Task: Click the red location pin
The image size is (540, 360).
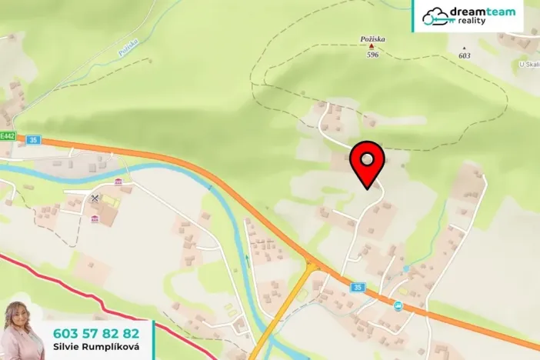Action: (x=368, y=161)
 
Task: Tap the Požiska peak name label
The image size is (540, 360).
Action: (x=373, y=38)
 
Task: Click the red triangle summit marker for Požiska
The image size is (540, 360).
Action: (x=372, y=47)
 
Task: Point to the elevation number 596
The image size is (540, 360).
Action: (x=373, y=55)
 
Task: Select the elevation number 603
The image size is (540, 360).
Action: (x=464, y=55)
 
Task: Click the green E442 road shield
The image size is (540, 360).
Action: (x=8, y=136)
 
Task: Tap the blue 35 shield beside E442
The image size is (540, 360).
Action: (x=32, y=140)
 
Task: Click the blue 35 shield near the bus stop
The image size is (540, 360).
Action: (x=357, y=287)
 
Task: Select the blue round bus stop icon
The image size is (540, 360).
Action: (x=398, y=306)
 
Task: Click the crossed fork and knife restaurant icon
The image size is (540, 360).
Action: (x=95, y=198)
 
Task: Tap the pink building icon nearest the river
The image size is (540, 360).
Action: (x=118, y=182)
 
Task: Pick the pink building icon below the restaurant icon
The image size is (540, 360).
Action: (x=95, y=218)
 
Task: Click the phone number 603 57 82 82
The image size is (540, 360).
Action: (x=96, y=333)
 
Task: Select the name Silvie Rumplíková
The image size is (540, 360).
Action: (x=95, y=347)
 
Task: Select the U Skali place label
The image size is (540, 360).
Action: (x=529, y=65)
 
